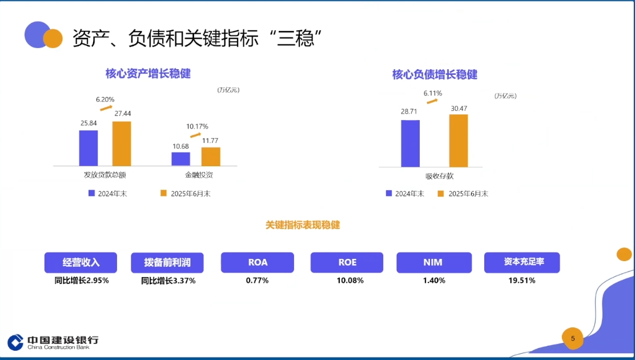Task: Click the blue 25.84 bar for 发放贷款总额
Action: [89, 148]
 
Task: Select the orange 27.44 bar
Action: [122, 143]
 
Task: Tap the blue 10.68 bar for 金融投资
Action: [180, 159]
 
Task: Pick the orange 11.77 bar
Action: [211, 157]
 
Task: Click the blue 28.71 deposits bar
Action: [410, 143]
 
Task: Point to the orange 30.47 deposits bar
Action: [458, 141]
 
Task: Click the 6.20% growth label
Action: [105, 99]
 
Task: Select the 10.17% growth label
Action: [197, 126]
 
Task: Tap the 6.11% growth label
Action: [432, 93]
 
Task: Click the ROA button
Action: [258, 262]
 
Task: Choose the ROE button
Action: [347, 262]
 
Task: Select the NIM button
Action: [433, 262]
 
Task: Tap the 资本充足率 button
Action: [522, 262]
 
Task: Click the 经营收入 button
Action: [81, 262]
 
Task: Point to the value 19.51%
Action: [522, 281]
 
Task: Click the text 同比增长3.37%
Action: [168, 281]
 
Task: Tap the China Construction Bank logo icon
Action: [15, 342]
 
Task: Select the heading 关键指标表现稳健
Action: [303, 225]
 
